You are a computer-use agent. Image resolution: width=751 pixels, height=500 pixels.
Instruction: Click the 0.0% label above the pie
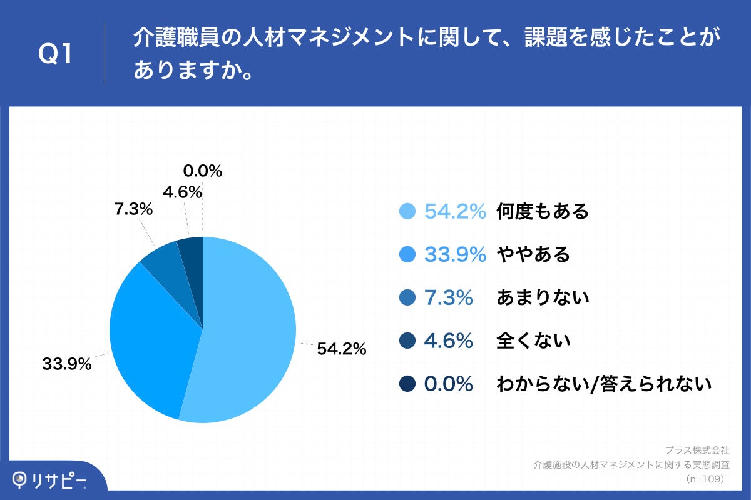point(203,171)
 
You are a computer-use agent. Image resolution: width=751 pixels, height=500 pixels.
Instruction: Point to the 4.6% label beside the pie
point(182,192)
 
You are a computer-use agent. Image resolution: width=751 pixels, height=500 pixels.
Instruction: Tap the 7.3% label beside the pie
point(133,210)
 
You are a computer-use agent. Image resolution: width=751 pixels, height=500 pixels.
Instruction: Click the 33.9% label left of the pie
point(67,364)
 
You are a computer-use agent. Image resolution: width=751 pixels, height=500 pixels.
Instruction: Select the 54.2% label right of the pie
point(341,350)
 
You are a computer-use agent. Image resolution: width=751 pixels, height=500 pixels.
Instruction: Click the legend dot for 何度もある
point(407,212)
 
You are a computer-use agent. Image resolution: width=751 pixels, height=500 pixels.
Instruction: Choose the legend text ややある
point(533,255)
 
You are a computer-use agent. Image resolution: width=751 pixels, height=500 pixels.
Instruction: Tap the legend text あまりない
point(543,298)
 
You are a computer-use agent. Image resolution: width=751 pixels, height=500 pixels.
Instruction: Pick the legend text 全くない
point(533,341)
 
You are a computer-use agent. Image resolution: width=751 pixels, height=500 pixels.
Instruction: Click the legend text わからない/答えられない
point(604,384)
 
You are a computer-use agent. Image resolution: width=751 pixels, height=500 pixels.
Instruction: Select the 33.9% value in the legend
point(455,255)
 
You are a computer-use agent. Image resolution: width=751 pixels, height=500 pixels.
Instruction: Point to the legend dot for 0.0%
point(407,384)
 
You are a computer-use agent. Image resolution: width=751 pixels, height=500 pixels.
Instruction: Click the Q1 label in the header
point(56,54)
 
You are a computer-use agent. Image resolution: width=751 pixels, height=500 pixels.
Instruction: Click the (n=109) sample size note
point(705,479)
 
